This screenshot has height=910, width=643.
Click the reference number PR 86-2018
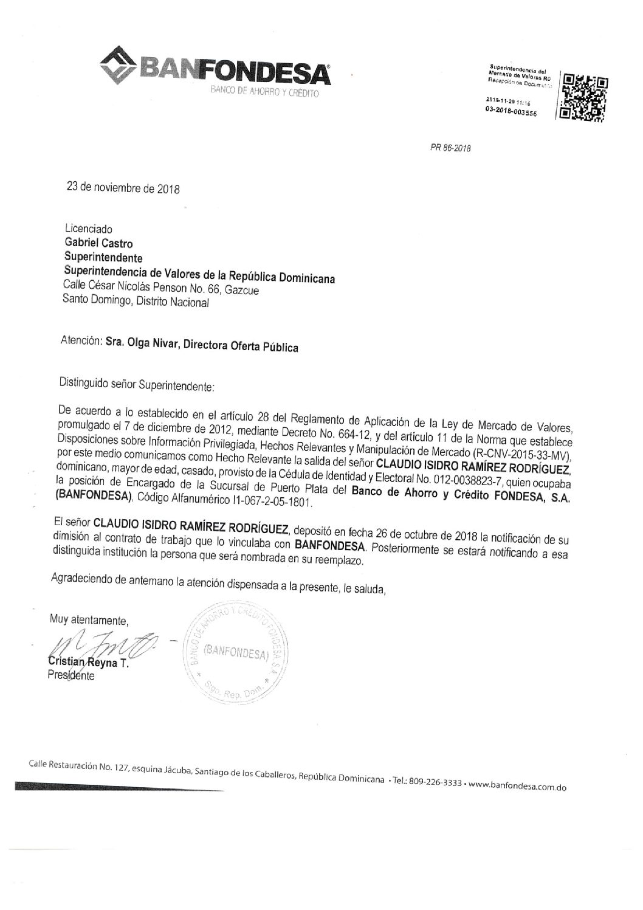(451, 148)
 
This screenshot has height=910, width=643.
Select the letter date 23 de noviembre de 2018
(123, 188)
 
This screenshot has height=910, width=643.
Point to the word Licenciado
(88, 229)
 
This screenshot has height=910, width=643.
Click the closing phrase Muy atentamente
(89, 621)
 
